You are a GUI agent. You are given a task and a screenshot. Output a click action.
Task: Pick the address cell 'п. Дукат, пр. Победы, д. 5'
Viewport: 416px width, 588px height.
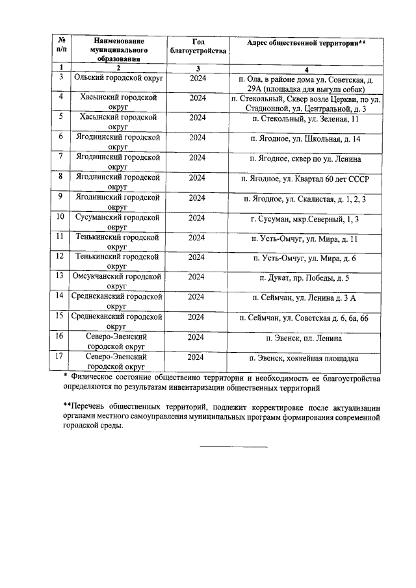[x=304, y=277]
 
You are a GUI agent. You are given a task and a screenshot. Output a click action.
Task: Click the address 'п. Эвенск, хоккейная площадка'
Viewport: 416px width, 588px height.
[x=304, y=358]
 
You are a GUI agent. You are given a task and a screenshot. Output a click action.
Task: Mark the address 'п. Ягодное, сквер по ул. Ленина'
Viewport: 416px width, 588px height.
[x=304, y=159]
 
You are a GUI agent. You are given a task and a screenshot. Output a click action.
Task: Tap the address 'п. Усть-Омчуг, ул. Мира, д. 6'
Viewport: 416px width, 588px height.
[x=304, y=258]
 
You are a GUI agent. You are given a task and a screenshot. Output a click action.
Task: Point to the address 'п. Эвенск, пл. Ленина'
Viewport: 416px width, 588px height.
[x=304, y=338]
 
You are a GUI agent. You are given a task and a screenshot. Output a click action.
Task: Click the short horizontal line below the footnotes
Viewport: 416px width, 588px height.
[x=233, y=446]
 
